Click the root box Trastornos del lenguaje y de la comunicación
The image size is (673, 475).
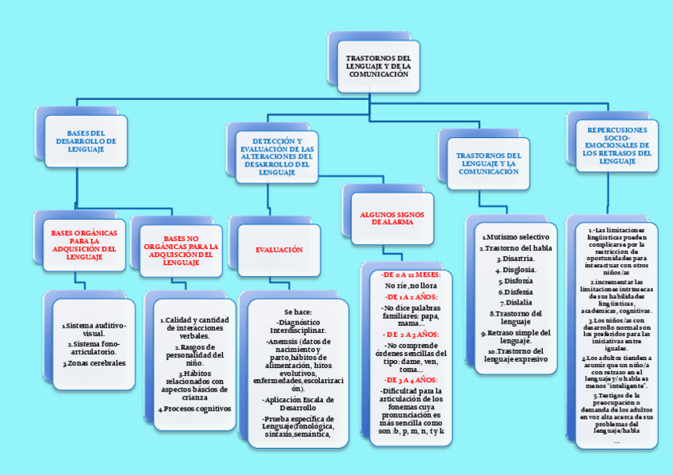point(378,67)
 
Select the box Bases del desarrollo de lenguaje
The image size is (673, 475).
point(86,141)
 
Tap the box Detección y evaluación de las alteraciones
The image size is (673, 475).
point(277,155)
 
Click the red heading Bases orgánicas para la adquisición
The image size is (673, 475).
point(83,245)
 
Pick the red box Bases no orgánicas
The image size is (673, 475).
point(181,251)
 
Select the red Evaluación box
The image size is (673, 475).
point(279,250)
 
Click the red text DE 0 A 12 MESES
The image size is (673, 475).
point(410,274)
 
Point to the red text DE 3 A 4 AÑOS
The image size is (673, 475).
point(410,380)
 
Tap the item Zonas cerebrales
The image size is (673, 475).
point(94,363)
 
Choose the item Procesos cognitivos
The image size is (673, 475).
point(194,408)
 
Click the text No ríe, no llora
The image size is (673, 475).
point(410,285)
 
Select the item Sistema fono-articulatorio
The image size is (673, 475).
point(94,348)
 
